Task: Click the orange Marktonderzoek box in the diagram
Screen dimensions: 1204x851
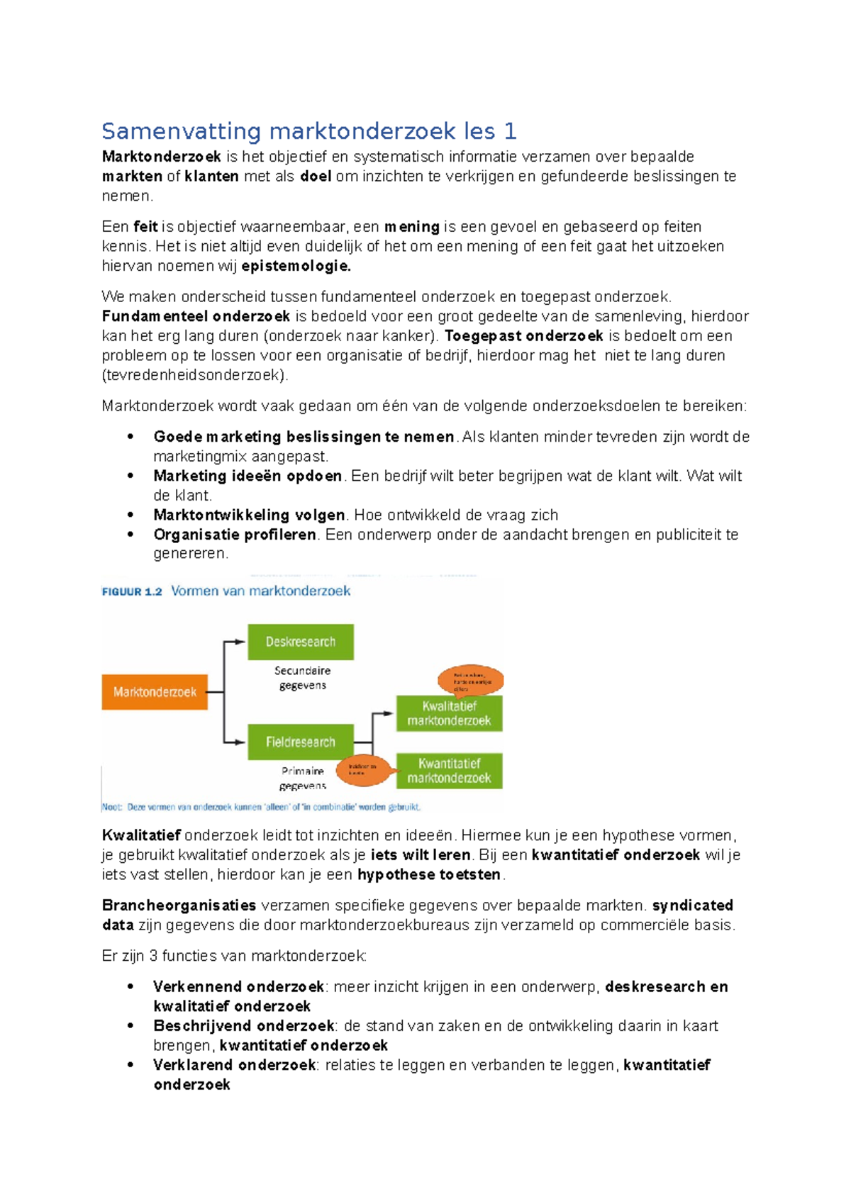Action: pyautogui.click(x=155, y=691)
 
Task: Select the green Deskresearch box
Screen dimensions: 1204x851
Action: pyautogui.click(x=301, y=642)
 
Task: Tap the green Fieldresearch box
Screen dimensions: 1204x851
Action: pyautogui.click(x=301, y=742)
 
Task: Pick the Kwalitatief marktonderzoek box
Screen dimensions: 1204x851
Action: pyautogui.click(x=449, y=713)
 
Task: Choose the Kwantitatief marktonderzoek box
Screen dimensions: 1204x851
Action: pyautogui.click(x=449, y=771)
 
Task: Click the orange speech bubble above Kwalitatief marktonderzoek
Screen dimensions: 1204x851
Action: pyautogui.click(x=470, y=681)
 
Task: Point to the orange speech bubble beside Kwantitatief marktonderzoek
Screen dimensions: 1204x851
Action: pyautogui.click(x=362, y=770)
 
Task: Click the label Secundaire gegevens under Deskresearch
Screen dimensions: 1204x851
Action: pyautogui.click(x=303, y=678)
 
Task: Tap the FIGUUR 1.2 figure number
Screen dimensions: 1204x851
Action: pyautogui.click(x=132, y=591)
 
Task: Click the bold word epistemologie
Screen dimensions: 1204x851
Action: pyautogui.click(x=296, y=267)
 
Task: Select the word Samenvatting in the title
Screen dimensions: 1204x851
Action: pyautogui.click(x=182, y=131)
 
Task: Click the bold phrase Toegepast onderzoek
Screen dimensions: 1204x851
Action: pyautogui.click(x=523, y=336)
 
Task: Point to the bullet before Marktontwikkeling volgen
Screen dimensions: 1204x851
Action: pyautogui.click(x=130, y=515)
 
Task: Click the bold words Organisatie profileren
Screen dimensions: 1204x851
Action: pyautogui.click(x=235, y=535)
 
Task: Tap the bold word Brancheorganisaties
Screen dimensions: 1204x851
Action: pyautogui.click(x=179, y=905)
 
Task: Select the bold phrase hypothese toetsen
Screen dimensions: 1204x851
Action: pyautogui.click(x=429, y=875)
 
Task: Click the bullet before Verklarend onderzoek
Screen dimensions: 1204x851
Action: pyautogui.click(x=130, y=1065)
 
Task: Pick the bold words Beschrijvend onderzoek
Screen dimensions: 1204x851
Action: pyautogui.click(x=243, y=1026)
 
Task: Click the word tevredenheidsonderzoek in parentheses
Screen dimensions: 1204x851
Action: pyautogui.click(x=195, y=375)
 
